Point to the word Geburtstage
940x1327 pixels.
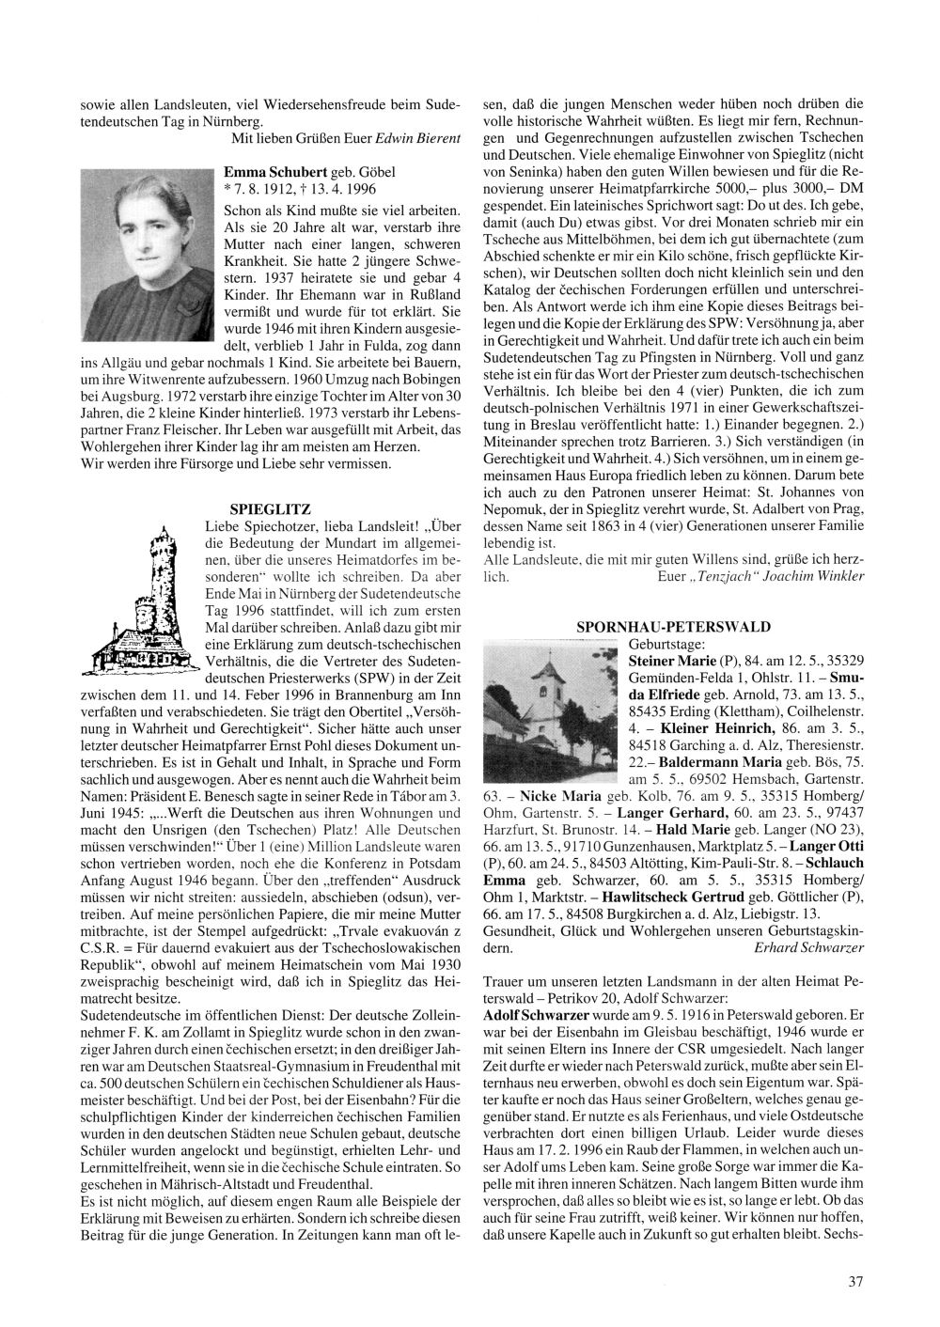(x=664, y=644)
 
